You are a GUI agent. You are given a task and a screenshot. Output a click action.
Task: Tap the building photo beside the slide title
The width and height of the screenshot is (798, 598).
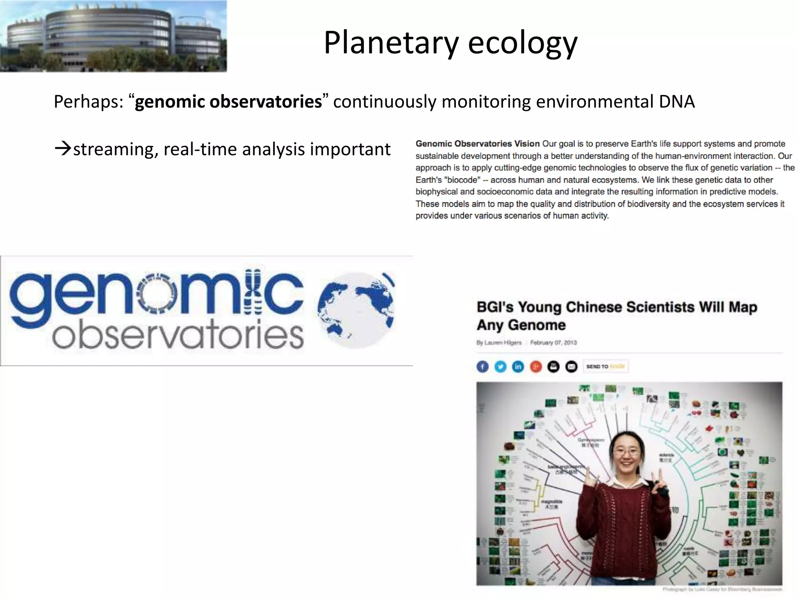pos(113,36)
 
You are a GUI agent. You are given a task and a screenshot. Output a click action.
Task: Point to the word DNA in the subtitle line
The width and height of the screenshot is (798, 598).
pos(677,102)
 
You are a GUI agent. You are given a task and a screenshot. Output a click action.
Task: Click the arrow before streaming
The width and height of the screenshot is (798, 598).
pos(63,149)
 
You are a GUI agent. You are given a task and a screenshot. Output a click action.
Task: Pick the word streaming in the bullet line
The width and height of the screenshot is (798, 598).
pos(115,149)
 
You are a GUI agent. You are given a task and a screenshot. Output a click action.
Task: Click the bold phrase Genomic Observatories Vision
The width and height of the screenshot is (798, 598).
pos(477,144)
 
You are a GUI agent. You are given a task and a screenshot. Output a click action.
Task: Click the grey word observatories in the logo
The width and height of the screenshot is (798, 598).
pos(178,336)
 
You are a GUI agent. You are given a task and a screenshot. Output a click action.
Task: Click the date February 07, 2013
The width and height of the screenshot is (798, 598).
pos(553,343)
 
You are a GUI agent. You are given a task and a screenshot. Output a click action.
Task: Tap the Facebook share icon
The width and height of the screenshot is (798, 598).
pos(482,366)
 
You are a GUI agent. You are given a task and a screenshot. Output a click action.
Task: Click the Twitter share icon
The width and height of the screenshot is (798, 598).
pos(500,366)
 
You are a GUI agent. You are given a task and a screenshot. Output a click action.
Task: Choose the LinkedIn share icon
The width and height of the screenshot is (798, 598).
pos(518,366)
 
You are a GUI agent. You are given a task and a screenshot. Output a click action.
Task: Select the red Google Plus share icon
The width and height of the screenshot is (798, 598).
pos(536,366)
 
